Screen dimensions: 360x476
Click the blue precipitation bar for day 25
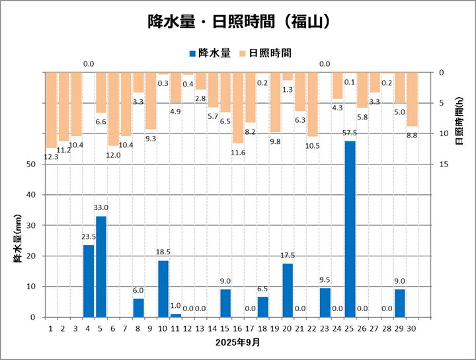(x=350, y=229)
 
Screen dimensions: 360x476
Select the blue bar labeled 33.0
(x=101, y=266)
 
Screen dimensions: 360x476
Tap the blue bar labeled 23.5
(x=89, y=281)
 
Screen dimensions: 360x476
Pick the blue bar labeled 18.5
(x=163, y=289)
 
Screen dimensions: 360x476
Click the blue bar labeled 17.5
(x=288, y=290)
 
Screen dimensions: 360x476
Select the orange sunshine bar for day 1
(x=51, y=110)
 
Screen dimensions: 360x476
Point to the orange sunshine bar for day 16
(x=238, y=107)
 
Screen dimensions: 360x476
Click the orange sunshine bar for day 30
(x=412, y=99)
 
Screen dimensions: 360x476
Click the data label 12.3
(x=51, y=157)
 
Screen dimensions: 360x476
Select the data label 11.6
(x=238, y=153)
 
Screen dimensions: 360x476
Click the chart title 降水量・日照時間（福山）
(x=238, y=22)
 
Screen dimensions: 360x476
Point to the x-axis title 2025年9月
(x=238, y=343)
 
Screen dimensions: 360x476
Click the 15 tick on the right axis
(x=445, y=164)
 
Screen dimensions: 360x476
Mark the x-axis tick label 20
(x=288, y=327)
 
